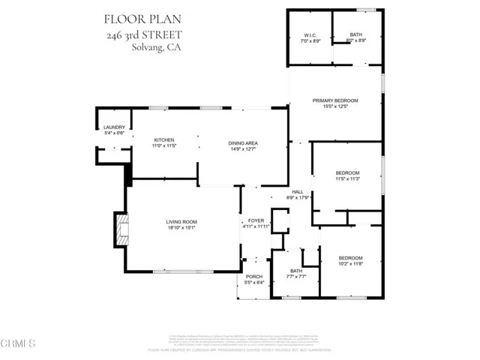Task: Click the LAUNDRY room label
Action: (x=114, y=127)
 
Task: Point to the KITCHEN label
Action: (x=164, y=140)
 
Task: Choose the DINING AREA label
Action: (x=243, y=143)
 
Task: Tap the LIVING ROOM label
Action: (x=181, y=221)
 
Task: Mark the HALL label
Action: (x=298, y=193)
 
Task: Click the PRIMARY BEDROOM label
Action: (x=335, y=100)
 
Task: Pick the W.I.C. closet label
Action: (x=310, y=35)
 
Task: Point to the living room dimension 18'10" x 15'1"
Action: (x=181, y=227)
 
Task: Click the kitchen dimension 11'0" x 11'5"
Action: (x=164, y=146)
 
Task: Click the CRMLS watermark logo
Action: (x=19, y=344)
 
